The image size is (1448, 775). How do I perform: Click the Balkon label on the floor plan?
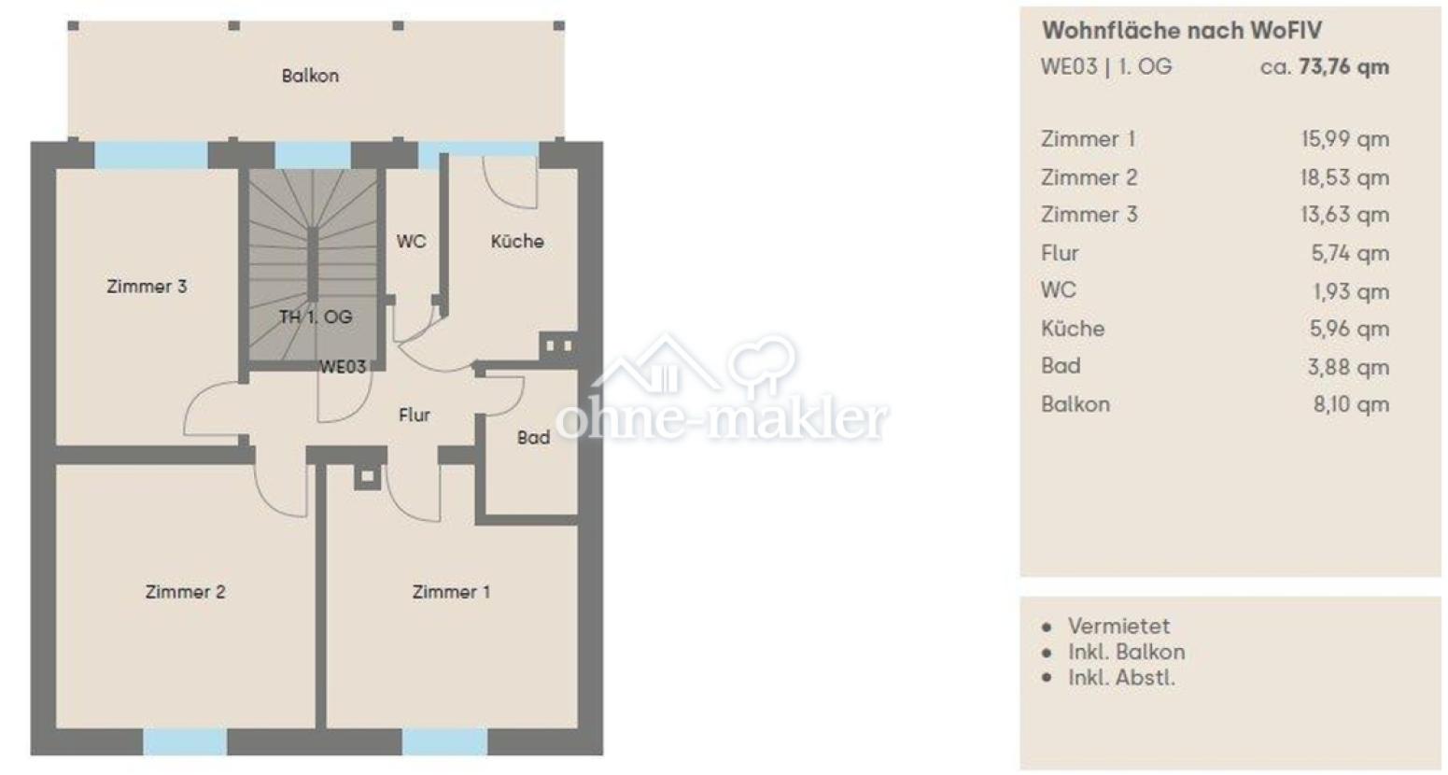coord(310,76)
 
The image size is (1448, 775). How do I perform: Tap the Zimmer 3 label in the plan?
coord(147,287)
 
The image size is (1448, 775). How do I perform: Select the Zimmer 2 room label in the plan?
coord(186,592)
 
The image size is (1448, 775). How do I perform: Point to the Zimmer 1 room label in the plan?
coord(451,592)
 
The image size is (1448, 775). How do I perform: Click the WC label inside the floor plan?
coord(411,241)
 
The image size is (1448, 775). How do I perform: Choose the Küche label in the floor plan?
coord(517,241)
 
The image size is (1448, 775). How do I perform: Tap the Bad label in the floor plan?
coord(533,438)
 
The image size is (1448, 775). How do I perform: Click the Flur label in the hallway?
coord(415,415)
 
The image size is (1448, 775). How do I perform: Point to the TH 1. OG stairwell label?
coord(316,317)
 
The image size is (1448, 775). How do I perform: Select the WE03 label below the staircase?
coord(343,367)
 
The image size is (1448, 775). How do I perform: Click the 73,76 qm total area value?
coord(1344,67)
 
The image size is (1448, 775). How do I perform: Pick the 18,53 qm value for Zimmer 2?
coord(1344,177)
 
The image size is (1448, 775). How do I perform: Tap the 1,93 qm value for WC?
coord(1351,291)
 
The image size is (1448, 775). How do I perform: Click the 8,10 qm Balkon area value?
coord(1351,404)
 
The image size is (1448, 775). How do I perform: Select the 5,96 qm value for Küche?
coord(1350,329)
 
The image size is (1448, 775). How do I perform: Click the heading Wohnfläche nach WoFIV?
coord(1182,31)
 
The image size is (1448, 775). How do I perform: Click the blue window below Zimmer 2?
coord(185,741)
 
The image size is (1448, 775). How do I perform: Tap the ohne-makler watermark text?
coord(722,419)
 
